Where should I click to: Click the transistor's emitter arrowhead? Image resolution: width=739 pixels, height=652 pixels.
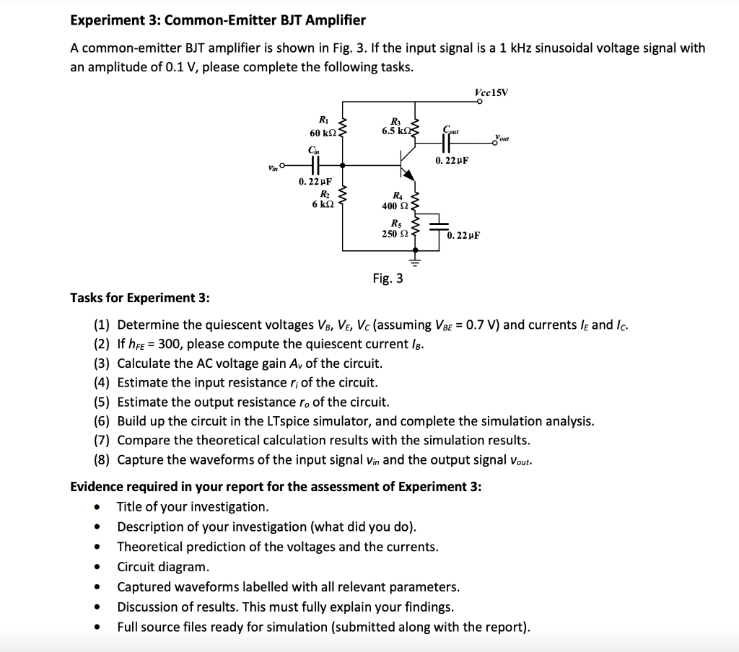pos(410,175)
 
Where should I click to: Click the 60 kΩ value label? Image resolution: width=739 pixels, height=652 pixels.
pos(320,133)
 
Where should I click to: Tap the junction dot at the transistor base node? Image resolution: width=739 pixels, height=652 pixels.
pos(342,164)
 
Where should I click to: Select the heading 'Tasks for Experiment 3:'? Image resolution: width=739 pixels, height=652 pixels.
pos(140,298)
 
